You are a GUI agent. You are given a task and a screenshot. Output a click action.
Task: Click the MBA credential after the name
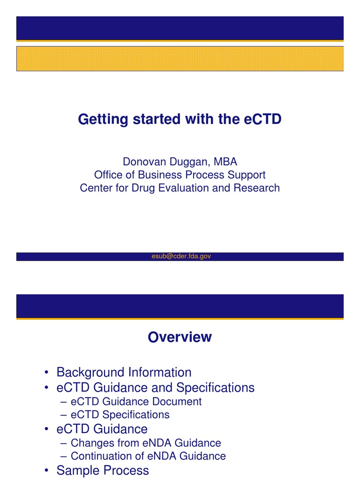pos(225,162)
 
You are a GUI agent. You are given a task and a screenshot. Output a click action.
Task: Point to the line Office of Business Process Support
pos(180,175)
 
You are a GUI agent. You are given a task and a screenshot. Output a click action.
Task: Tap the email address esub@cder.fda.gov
pos(180,256)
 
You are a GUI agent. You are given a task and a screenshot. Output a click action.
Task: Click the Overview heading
pos(180,337)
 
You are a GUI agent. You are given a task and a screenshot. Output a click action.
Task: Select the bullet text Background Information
pos(124,372)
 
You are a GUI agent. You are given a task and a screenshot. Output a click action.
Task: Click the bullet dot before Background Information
pos(46,373)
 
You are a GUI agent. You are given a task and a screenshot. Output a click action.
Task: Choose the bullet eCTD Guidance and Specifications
pos(155,388)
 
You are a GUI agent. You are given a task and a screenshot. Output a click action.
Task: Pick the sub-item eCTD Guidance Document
pos(136,402)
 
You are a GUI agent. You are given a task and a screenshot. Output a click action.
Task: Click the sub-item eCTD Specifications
pos(120,415)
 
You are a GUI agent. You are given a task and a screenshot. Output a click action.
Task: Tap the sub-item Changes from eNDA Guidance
pos(146,443)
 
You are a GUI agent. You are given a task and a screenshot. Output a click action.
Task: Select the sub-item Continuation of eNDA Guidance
pos(148,456)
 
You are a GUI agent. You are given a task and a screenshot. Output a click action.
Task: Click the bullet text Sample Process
pos(103,470)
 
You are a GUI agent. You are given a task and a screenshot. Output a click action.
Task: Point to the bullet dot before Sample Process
pos(46,471)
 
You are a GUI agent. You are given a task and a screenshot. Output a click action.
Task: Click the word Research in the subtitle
pos(259,188)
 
